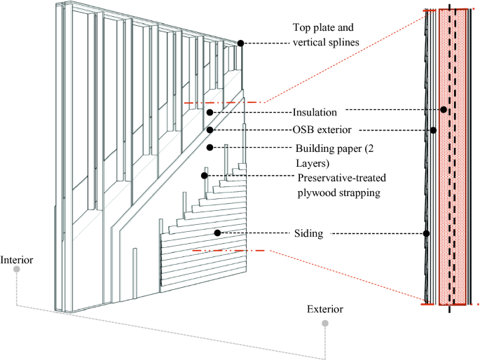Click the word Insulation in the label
pyautogui.click(x=315, y=112)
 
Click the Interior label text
pyautogui.click(x=17, y=261)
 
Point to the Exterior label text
pyautogui.click(x=325, y=309)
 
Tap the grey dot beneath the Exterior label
pyautogui.click(x=324, y=324)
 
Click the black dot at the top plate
pyautogui.click(x=240, y=43)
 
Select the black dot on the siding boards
pyautogui.click(x=217, y=233)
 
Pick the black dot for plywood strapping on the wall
pyautogui.click(x=205, y=175)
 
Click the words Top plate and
pyautogui.click(x=323, y=29)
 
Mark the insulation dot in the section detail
pyautogui.click(x=443, y=110)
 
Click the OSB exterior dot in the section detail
pyautogui.click(x=433, y=130)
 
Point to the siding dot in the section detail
pyautogui.click(x=426, y=233)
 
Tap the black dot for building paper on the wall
pyautogui.click(x=210, y=147)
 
